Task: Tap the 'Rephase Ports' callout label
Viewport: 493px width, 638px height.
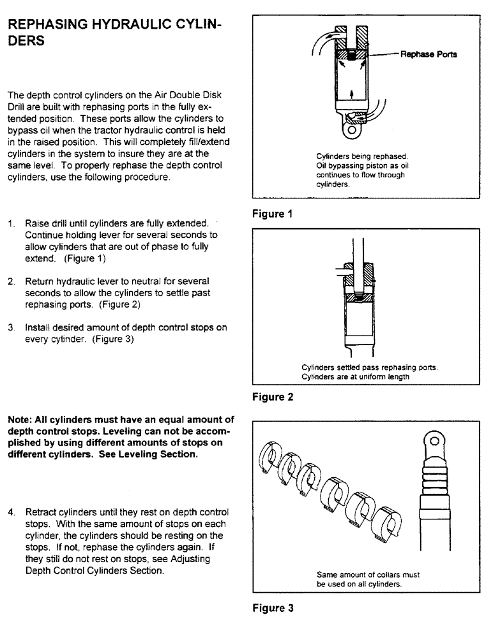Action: click(x=428, y=54)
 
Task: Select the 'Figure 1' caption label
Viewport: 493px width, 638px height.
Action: click(x=272, y=214)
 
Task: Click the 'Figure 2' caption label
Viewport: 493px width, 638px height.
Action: click(x=272, y=397)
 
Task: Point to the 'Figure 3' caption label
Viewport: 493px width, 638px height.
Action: click(x=272, y=608)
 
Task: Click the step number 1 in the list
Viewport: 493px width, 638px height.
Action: click(x=11, y=224)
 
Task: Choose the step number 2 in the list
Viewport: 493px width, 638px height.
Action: click(x=11, y=281)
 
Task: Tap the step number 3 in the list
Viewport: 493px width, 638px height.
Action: click(x=11, y=327)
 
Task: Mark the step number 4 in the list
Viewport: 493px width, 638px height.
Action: click(x=11, y=512)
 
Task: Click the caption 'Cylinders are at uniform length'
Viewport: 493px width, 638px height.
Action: click(x=356, y=376)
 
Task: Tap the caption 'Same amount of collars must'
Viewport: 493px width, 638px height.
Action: click(x=368, y=575)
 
